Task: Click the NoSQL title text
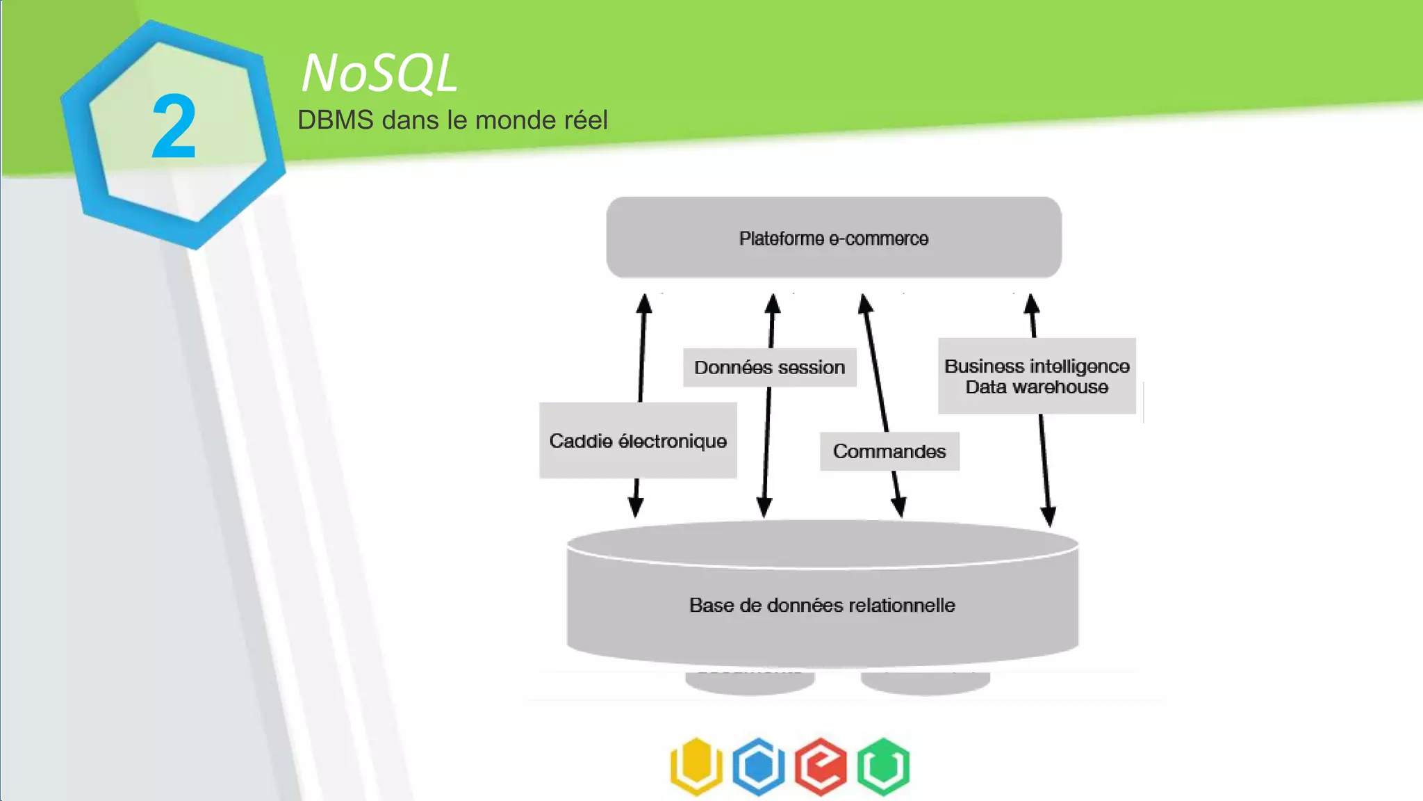pos(379,73)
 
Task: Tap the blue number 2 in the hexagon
pos(174,127)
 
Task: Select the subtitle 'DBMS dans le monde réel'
pos(452,120)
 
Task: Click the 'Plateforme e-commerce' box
pos(833,238)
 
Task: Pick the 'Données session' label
pos(769,367)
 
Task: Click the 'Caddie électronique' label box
pos(637,441)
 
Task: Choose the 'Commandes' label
pos(889,451)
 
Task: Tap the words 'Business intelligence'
pos(1036,366)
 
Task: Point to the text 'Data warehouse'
pos(1036,387)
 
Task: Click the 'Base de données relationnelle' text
pos(821,605)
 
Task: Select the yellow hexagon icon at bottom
pos(696,766)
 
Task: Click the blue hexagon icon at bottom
pos(759,766)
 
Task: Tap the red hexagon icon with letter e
pos(821,766)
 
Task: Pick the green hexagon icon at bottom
pos(883,766)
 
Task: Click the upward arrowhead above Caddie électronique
pos(644,304)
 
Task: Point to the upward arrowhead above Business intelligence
pos(1032,305)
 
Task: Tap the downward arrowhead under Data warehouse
pos(1048,516)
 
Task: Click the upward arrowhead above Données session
pos(773,304)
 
